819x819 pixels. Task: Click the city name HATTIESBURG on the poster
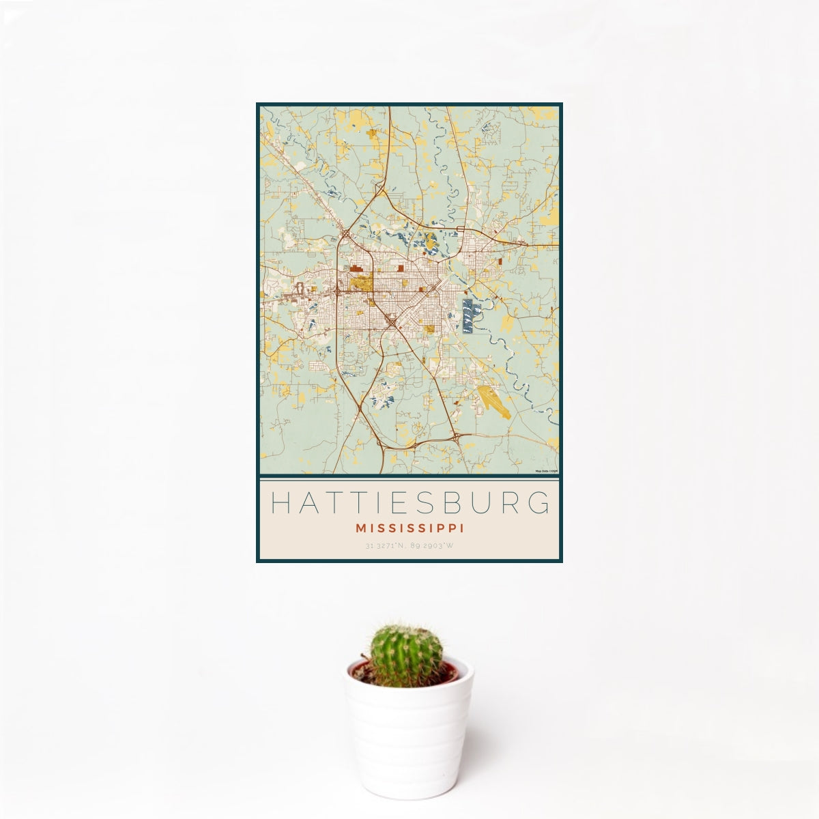[x=409, y=503]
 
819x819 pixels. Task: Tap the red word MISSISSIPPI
[x=409, y=528]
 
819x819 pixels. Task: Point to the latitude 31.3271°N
[x=386, y=546]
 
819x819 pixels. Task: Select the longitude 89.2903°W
[x=433, y=546]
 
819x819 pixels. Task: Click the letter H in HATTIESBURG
[x=281, y=503]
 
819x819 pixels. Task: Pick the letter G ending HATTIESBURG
[x=539, y=503]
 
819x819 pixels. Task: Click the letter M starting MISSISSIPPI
[x=360, y=528]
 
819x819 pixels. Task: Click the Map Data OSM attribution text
[x=547, y=471]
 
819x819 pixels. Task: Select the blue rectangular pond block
[x=468, y=315]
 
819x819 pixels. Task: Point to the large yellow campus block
[x=360, y=282]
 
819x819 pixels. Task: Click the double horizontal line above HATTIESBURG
[x=409, y=478]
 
